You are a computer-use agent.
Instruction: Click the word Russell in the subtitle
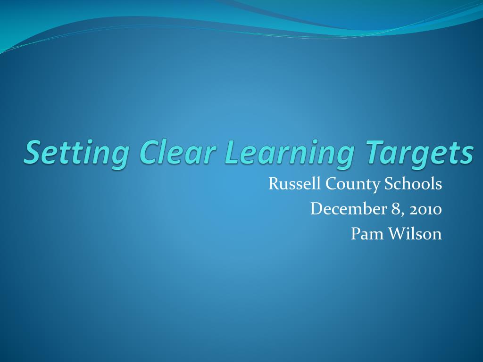tap(287, 184)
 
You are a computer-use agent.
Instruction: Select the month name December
tap(348, 209)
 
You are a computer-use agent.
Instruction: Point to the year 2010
tap(426, 209)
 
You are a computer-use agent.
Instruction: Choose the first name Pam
tap(364, 233)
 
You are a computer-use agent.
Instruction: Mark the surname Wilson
tap(415, 233)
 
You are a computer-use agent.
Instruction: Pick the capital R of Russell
tap(273, 184)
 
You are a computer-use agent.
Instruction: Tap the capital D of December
tap(316, 209)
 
